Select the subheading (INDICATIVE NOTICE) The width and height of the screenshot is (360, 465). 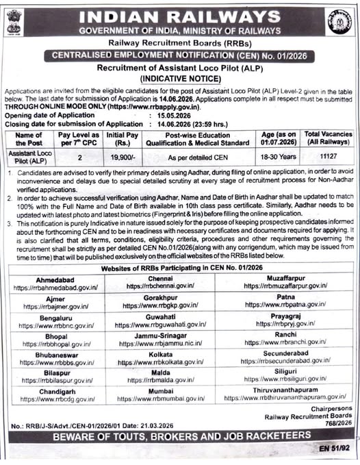(179, 79)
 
